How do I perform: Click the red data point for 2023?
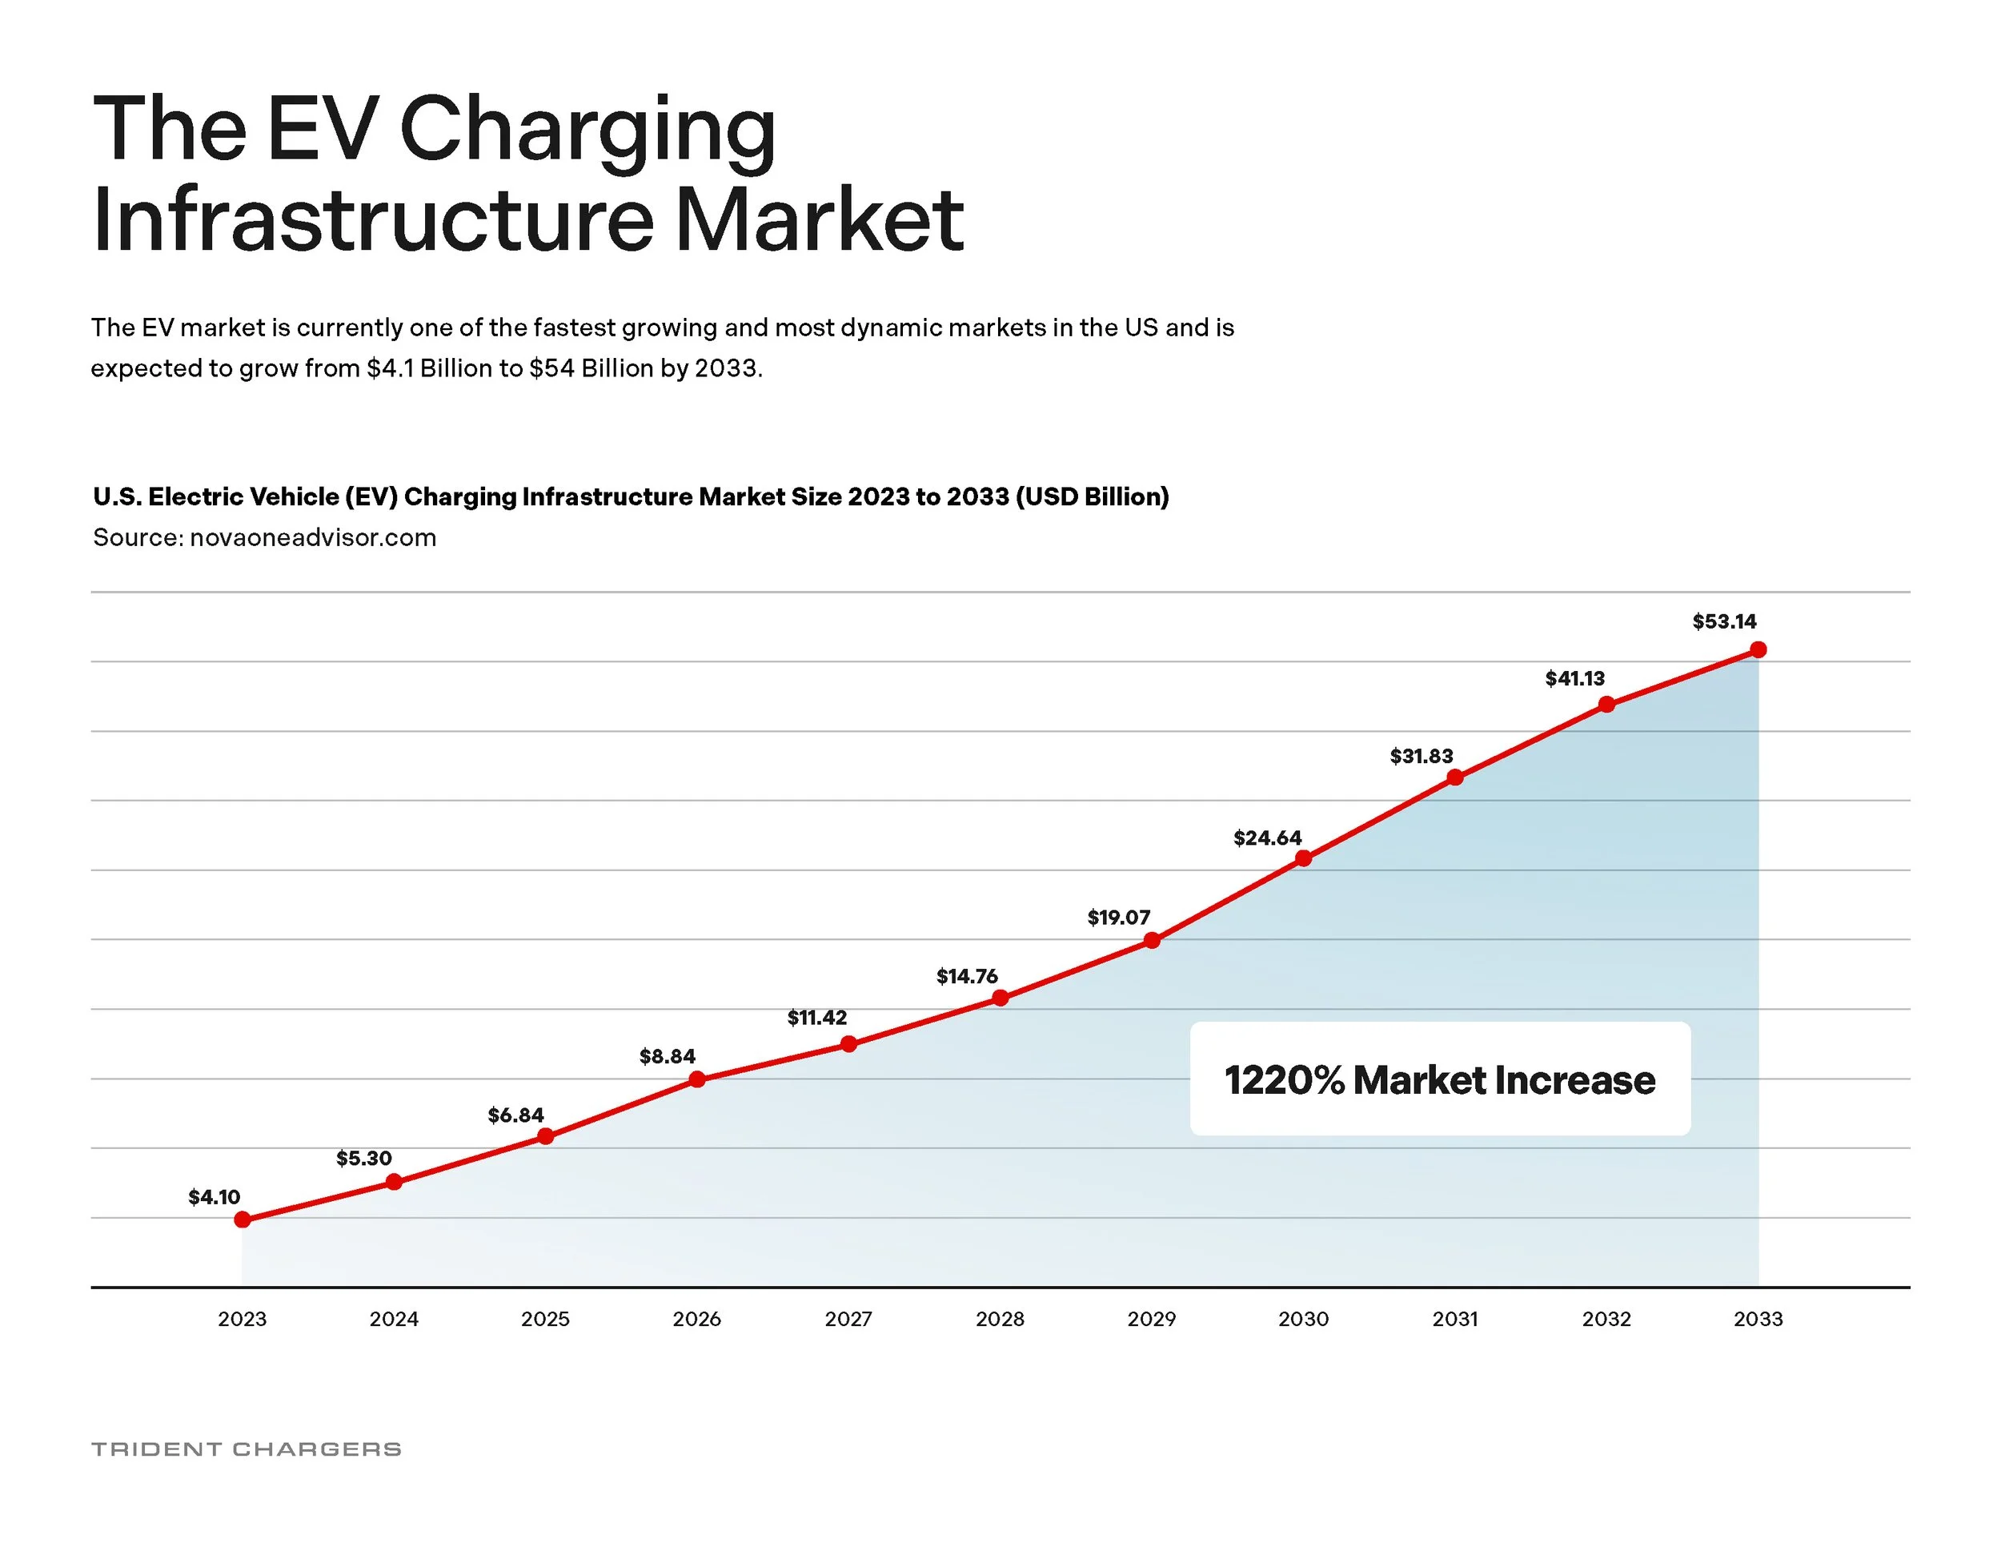243,1219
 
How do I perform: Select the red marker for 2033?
1758,649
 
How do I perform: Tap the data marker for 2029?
1153,940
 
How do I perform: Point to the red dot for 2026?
697,1079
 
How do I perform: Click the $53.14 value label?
1724,621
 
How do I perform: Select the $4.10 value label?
215,1197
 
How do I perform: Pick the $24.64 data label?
1267,838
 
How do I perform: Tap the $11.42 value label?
817,1017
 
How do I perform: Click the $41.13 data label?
1575,678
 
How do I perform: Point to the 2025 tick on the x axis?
545,1319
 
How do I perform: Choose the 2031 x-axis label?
1455,1319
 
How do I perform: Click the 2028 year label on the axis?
1000,1319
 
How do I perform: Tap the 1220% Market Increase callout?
1439,1079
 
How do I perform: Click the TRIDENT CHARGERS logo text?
247,1449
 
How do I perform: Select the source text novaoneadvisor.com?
312,537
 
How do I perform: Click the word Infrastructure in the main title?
373,220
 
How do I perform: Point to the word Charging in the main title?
587,131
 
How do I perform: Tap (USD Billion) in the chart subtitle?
1092,496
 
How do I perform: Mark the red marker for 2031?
1455,778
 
